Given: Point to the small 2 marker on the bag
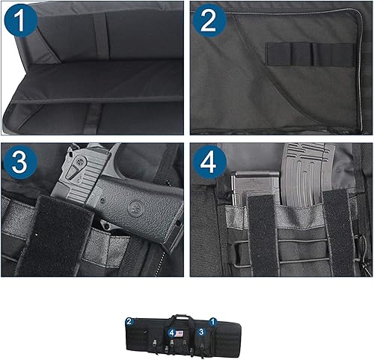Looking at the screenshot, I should coord(129,322).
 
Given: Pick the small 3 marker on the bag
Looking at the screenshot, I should coord(200,330).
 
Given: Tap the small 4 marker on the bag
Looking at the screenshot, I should coord(172,331).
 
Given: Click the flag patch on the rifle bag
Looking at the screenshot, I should coord(181,330).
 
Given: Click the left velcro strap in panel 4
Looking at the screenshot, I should coord(263,232).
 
